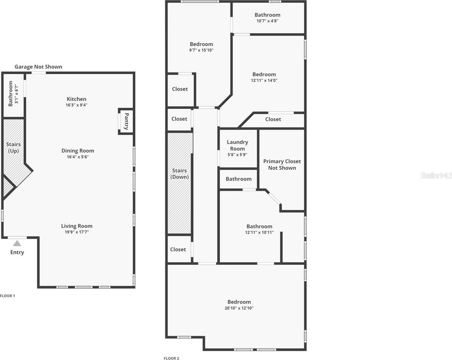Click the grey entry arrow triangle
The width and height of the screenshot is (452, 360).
[x=17, y=244]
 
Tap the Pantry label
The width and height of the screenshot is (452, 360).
[x=127, y=121]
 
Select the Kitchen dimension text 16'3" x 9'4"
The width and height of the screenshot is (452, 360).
[x=76, y=105]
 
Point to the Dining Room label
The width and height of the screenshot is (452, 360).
[x=78, y=151]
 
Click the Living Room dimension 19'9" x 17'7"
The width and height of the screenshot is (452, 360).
[x=77, y=232]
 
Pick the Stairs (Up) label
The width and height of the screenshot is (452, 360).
[x=14, y=148]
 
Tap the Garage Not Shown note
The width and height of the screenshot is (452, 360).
[x=38, y=67]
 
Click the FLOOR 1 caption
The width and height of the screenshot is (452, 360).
[x=8, y=296]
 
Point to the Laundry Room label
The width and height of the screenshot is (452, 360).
[x=238, y=145]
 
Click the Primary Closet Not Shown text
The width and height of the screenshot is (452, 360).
[x=282, y=165]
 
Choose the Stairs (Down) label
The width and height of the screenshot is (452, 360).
[x=180, y=174]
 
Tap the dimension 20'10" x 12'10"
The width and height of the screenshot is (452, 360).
[x=239, y=308]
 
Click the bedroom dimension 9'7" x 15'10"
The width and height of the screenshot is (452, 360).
[x=201, y=50]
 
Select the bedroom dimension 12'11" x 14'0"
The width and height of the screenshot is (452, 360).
[x=264, y=80]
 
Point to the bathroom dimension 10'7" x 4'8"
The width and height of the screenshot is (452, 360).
[x=267, y=21]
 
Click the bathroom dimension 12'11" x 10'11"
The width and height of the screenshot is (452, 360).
[x=259, y=232]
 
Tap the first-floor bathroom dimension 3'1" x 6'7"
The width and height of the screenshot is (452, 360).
[x=17, y=94]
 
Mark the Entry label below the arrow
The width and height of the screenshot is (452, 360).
[x=17, y=252]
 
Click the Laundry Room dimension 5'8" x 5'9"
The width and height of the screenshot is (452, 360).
[x=238, y=155]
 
